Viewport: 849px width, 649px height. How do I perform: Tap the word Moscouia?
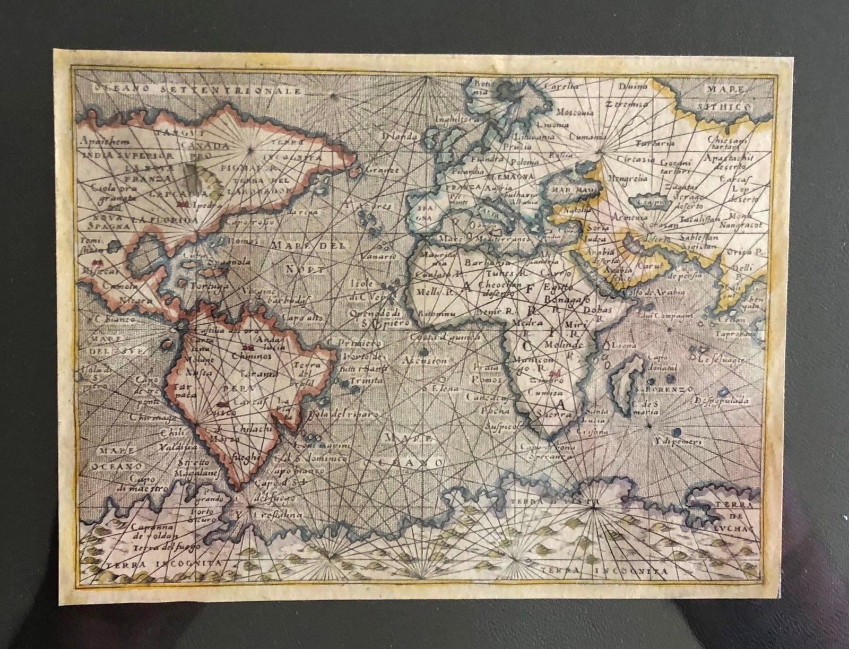coord(575,112)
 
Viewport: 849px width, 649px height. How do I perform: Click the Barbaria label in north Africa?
coord(483,262)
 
